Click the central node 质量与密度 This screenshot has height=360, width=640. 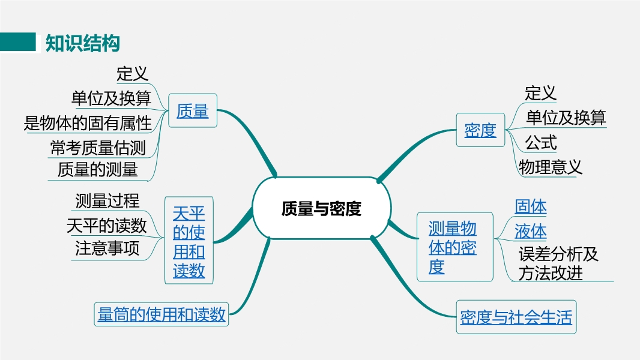pyautogui.click(x=322, y=208)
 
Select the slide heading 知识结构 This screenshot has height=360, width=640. pyautogui.click(x=82, y=43)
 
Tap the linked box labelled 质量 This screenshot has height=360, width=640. pyautogui.click(x=193, y=110)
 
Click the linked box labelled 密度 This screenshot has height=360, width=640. pyautogui.click(x=480, y=130)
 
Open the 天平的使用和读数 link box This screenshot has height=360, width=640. pyautogui.click(x=189, y=241)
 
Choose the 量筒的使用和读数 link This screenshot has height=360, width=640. pyautogui.click(x=162, y=314)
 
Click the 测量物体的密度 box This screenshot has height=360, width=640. pyautogui.click(x=454, y=247)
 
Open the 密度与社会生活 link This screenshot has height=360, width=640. pyautogui.click(x=516, y=317)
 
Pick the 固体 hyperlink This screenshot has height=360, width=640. pyautogui.click(x=530, y=206)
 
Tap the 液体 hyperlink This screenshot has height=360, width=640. pyautogui.click(x=530, y=231)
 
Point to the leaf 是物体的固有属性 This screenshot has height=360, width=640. pyautogui.click(x=88, y=123)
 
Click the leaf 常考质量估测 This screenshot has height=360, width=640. pyautogui.click(x=98, y=148)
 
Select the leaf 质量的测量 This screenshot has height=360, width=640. pyautogui.click(x=97, y=169)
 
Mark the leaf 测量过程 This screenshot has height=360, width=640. pyautogui.click(x=107, y=200)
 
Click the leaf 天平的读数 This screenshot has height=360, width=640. pyautogui.click(x=106, y=226)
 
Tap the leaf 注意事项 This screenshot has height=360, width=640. pyautogui.click(x=107, y=248)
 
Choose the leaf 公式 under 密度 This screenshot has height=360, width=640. pyautogui.click(x=541, y=143)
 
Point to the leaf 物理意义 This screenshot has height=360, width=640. pyautogui.click(x=550, y=167)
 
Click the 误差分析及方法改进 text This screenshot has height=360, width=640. pyautogui.click(x=558, y=263)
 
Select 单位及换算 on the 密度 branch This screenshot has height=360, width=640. pyautogui.click(x=566, y=118)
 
